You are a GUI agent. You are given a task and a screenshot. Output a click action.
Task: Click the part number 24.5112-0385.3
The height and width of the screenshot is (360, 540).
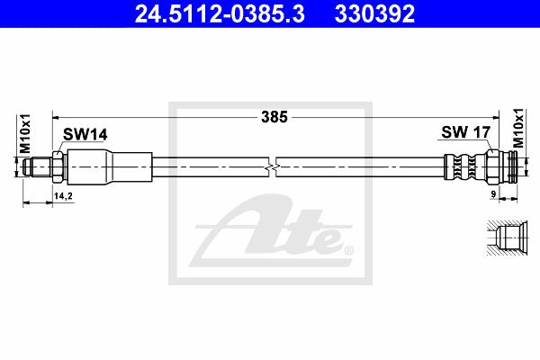[220, 13]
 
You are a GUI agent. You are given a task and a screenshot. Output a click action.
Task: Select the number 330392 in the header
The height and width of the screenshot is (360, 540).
[374, 13]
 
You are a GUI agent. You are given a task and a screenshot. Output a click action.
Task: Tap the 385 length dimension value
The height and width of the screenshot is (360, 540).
[274, 117]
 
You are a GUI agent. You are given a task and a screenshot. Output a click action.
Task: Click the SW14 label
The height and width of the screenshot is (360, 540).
[85, 135]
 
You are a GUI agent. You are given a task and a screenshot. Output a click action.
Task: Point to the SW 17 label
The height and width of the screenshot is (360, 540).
[465, 132]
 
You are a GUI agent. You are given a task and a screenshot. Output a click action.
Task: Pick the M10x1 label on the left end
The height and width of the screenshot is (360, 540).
[25, 134]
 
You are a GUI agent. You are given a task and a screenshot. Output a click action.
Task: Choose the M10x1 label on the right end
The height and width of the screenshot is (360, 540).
[518, 128]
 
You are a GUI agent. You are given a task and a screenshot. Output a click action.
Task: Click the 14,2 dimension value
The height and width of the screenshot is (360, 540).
[63, 196]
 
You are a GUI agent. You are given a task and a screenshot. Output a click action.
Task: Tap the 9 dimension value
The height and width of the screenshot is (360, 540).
[493, 194]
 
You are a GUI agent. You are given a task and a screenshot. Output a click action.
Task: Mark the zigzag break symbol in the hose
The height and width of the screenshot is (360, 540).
[272, 167]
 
